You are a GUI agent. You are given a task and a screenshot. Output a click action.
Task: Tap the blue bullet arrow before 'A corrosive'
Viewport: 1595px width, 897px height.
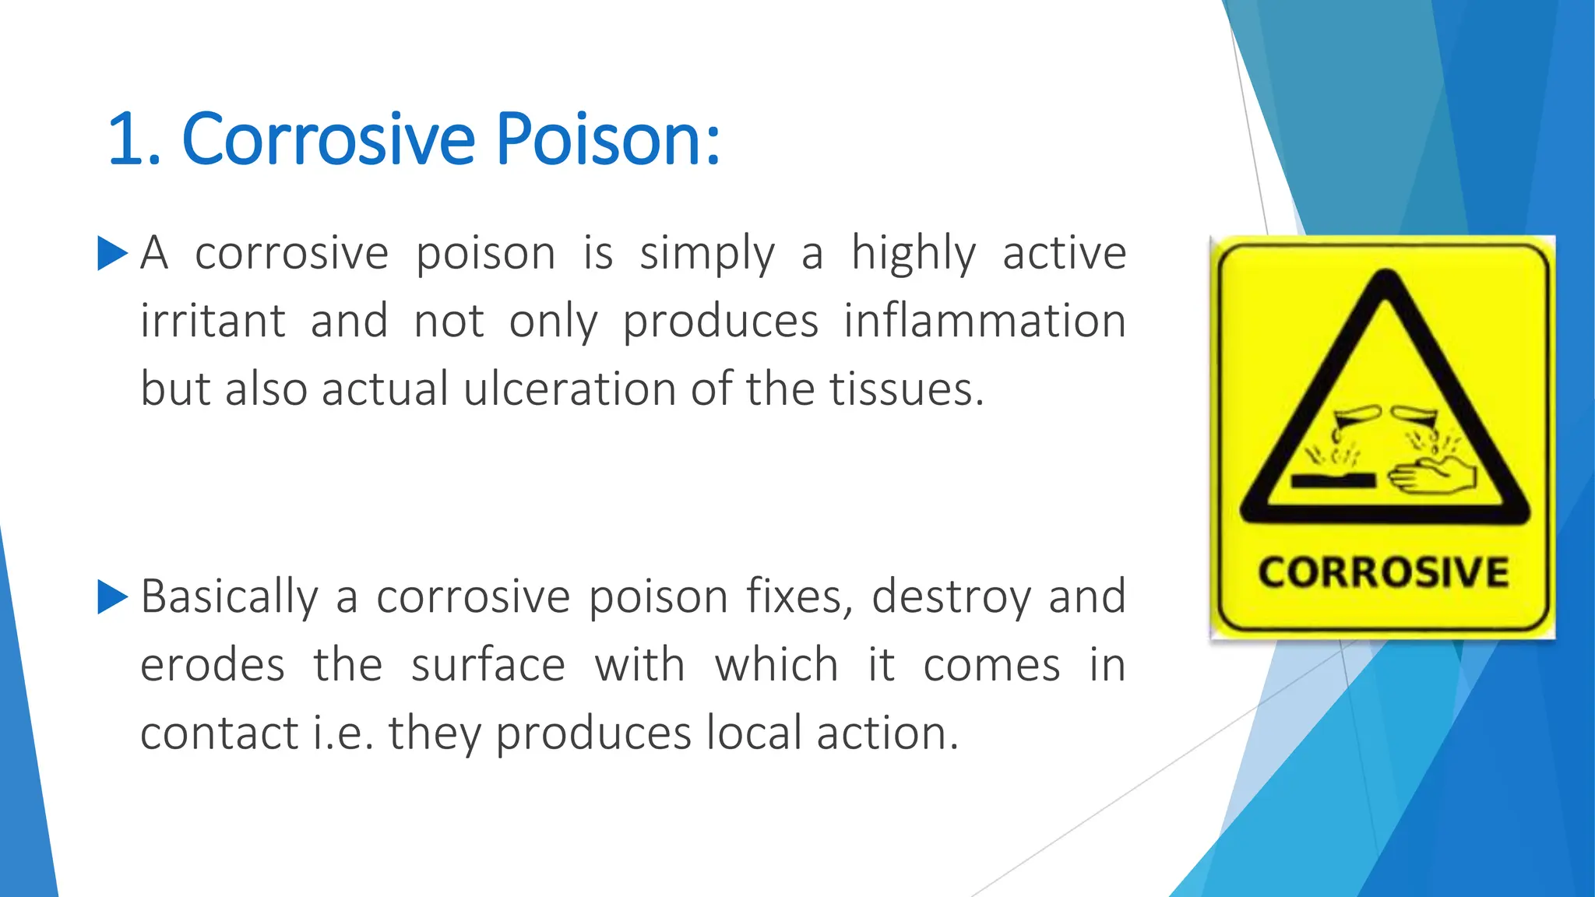coord(112,254)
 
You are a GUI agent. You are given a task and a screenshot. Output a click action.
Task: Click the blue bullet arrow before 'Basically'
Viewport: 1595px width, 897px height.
coord(112,597)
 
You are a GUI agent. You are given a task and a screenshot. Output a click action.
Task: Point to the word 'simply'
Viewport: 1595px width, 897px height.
coord(707,254)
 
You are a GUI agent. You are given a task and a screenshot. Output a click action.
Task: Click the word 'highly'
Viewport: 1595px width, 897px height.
coord(913,254)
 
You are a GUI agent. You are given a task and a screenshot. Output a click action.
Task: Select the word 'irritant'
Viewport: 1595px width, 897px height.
coord(213,321)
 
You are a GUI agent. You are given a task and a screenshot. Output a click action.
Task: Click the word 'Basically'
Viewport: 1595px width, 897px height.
coord(230,597)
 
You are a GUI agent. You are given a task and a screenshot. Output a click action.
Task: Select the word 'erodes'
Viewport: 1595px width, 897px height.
coord(213,666)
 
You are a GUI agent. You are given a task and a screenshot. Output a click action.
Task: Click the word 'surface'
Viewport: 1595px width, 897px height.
coord(488,666)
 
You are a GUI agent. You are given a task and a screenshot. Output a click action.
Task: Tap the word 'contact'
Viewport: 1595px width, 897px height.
coord(219,733)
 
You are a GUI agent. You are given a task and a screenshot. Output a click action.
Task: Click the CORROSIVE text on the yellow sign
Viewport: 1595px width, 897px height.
coord(1383,573)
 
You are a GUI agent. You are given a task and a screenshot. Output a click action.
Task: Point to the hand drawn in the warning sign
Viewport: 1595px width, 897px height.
coord(1433,477)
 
